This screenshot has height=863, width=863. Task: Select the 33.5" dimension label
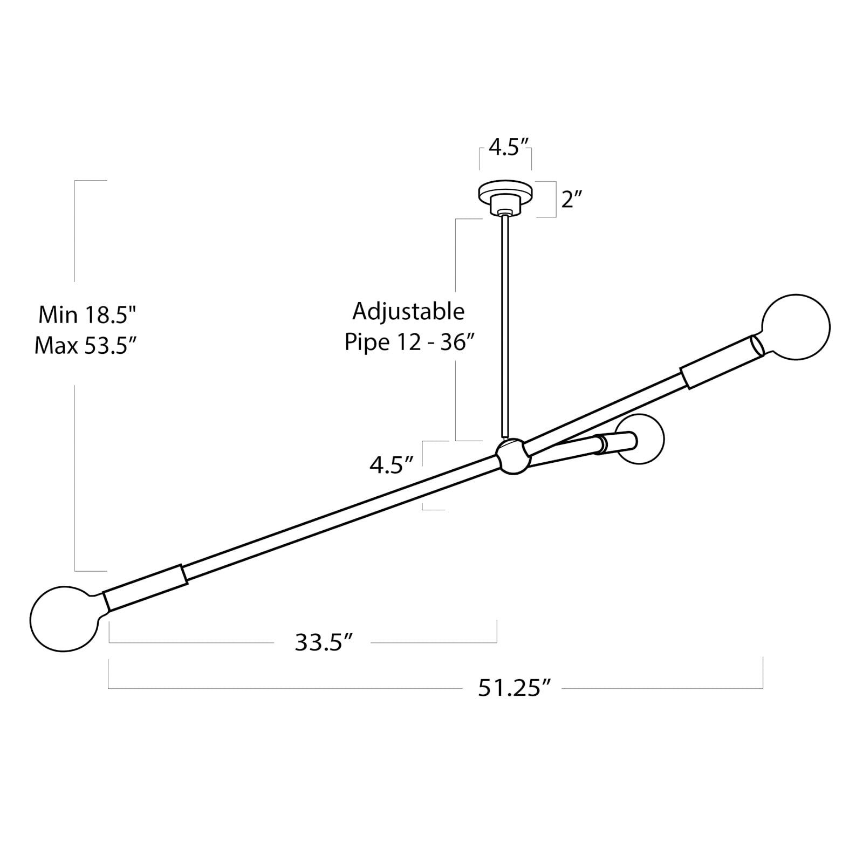click(324, 642)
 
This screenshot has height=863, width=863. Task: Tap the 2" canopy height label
click(572, 200)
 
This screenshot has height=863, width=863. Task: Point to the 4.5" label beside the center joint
click(392, 464)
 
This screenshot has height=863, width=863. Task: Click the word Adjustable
click(408, 312)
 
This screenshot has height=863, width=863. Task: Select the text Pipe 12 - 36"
click(409, 341)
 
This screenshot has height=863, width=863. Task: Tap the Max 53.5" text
click(84, 345)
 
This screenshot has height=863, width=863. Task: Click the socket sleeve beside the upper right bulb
click(722, 362)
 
